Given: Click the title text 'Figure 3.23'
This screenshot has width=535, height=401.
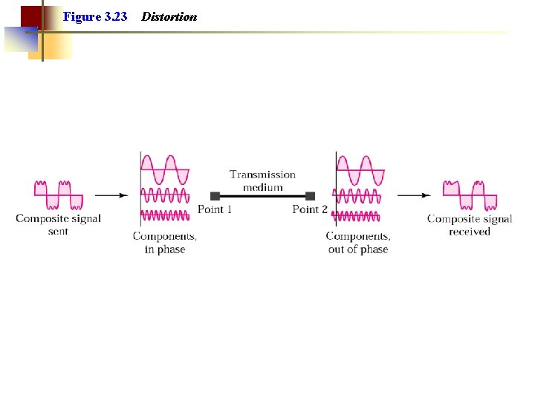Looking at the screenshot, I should pyautogui.click(x=95, y=16).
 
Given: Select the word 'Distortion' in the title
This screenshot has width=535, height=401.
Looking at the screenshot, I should pyautogui.click(x=169, y=16).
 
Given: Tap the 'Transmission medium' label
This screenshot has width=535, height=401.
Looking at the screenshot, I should pyautogui.click(x=262, y=180).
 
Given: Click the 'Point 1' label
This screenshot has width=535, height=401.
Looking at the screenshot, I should pyautogui.click(x=215, y=209).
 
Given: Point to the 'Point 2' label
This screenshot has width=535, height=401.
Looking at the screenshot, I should pyautogui.click(x=310, y=209).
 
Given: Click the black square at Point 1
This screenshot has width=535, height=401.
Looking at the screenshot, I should pyautogui.click(x=215, y=196).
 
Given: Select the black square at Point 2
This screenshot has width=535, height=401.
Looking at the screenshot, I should pyautogui.click(x=310, y=196).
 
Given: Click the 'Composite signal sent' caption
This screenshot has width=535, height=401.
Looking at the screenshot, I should pyautogui.click(x=58, y=224).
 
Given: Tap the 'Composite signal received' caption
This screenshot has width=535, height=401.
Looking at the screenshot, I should pyautogui.click(x=470, y=224).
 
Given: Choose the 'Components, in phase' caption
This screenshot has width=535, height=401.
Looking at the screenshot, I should pyautogui.click(x=165, y=242).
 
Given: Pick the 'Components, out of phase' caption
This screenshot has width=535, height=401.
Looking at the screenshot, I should pyautogui.click(x=358, y=242).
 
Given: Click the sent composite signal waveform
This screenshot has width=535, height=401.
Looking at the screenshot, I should pyautogui.click(x=59, y=195).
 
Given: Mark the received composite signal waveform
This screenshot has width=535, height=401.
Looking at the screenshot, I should pyautogui.click(x=470, y=195).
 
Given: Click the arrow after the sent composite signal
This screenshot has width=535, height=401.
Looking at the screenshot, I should pyautogui.click(x=111, y=195).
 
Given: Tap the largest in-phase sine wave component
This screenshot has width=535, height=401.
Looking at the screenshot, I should pyautogui.click(x=165, y=170).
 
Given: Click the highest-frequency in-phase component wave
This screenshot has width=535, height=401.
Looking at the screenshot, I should pyautogui.click(x=165, y=215).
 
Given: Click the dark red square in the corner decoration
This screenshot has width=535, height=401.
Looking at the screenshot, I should pyautogui.click(x=30, y=16).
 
